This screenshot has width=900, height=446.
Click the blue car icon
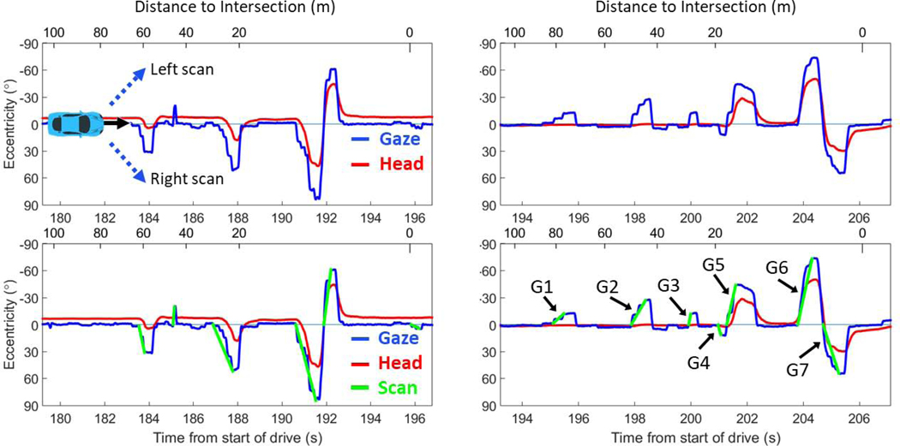[75, 123]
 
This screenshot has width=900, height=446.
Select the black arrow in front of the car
[117, 123]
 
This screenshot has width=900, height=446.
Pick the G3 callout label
[671, 284]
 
